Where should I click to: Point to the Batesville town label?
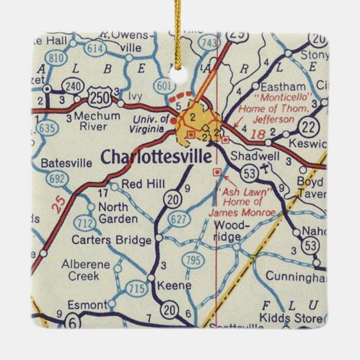67,164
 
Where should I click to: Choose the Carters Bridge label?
111,240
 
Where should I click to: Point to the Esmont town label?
86,305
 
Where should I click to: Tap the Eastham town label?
286,87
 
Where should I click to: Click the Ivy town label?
136,96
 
